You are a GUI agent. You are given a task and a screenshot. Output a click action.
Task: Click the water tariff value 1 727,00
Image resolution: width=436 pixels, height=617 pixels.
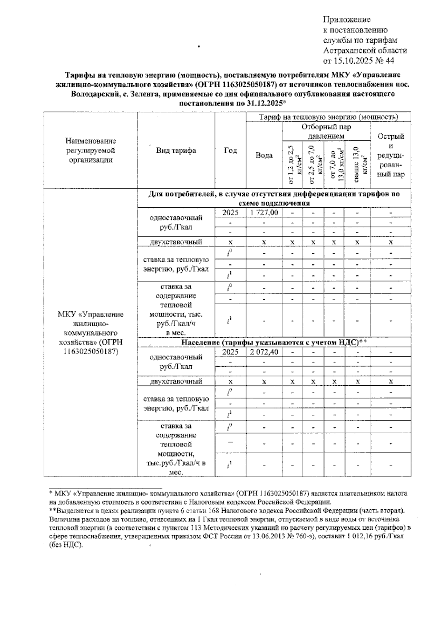coord(264,212)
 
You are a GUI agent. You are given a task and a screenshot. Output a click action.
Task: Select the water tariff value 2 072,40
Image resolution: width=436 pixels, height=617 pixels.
coord(264,352)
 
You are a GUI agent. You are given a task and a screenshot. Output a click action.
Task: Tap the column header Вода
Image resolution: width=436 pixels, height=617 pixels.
coord(264,155)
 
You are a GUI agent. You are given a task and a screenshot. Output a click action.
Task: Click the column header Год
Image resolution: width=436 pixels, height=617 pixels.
coord(230,150)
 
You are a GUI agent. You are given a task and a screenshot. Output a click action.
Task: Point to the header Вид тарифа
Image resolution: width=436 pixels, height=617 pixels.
coord(176,150)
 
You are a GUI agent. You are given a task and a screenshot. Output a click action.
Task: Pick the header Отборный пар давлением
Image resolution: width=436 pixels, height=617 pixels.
coord(326,131)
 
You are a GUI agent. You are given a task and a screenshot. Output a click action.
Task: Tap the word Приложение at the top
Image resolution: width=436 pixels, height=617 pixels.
coord(347,20)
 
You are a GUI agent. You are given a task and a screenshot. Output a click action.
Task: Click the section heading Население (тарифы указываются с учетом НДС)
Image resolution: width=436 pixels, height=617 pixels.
coord(274,342)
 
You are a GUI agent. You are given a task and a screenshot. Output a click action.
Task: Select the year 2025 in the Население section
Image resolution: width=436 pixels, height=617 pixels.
coord(230,352)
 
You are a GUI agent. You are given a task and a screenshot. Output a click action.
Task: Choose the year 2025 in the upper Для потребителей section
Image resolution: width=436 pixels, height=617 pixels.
coord(230,212)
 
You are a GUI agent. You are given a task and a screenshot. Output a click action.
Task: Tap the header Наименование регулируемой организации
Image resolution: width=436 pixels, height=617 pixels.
coord(90,150)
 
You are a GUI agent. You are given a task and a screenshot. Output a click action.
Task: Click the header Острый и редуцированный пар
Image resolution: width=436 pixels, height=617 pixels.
coord(391,155)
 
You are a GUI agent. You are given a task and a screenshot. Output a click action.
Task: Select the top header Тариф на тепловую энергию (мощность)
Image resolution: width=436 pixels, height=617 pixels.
coord(328,117)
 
